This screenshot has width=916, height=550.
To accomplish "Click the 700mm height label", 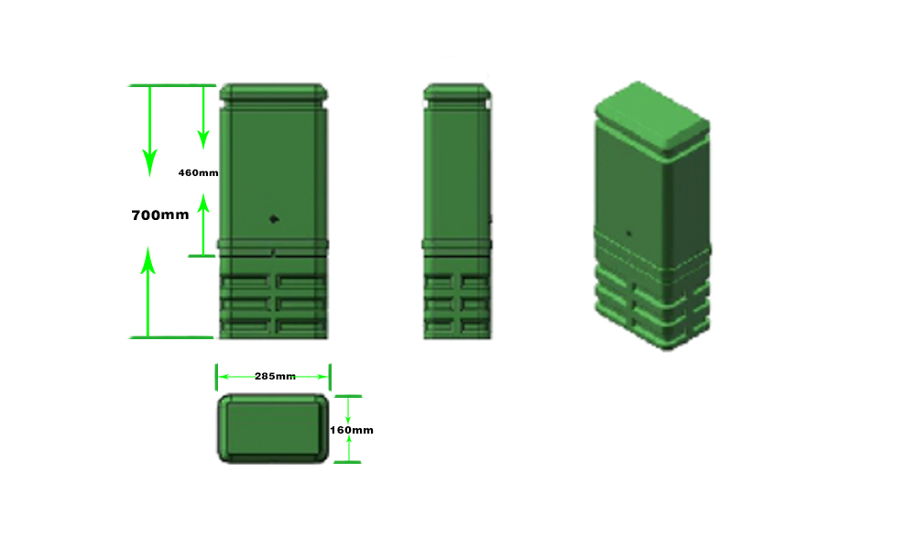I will click(160, 215).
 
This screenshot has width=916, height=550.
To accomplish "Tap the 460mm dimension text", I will click(198, 172).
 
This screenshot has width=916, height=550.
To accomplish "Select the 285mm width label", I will click(274, 376).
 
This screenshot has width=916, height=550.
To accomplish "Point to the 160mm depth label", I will click(352, 429).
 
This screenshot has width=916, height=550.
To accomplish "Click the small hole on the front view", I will click(273, 218).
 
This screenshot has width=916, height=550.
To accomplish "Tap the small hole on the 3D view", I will click(629, 232).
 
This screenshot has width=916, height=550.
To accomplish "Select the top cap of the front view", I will click(274, 93).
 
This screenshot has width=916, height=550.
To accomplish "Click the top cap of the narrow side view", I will click(457, 93).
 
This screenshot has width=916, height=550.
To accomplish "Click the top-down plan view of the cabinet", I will click(273, 429).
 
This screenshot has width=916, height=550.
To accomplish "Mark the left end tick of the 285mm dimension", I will click(216, 376).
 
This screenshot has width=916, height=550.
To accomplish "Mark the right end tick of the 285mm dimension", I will click(330, 376).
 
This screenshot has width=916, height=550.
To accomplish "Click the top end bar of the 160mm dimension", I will click(348, 396).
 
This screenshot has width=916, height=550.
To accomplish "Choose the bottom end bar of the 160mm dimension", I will click(348, 462).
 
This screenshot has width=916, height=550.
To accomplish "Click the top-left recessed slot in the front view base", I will click(247, 280).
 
